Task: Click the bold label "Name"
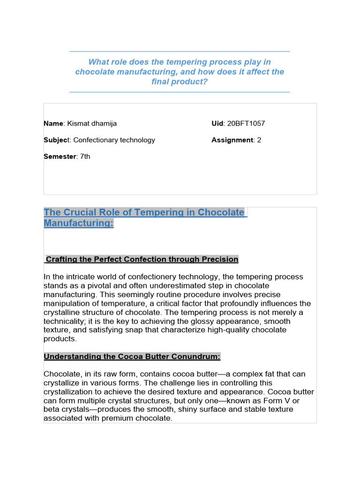(53, 124)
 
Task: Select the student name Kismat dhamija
(92, 124)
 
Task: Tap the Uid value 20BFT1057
(246, 124)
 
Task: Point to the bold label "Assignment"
(232, 140)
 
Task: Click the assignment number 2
(259, 140)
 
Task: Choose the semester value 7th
(85, 157)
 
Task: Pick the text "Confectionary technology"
(114, 140)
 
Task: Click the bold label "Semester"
(60, 157)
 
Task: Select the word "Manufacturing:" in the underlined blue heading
(78, 223)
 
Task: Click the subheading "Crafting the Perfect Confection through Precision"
(142, 259)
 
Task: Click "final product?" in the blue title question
(180, 82)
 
